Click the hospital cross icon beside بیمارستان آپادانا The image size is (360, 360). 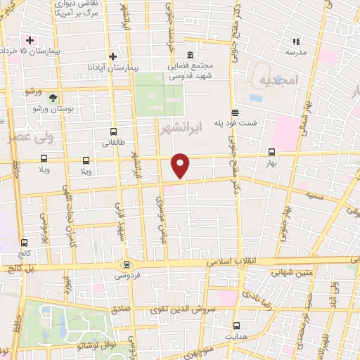point(113,56)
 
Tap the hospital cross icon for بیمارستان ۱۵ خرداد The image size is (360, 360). point(30,40)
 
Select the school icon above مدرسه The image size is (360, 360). point(290,41)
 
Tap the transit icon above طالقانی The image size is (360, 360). point(113,132)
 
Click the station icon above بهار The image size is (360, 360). point(271,152)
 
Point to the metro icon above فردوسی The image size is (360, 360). point(127,264)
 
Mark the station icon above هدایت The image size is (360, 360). point(236,326)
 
